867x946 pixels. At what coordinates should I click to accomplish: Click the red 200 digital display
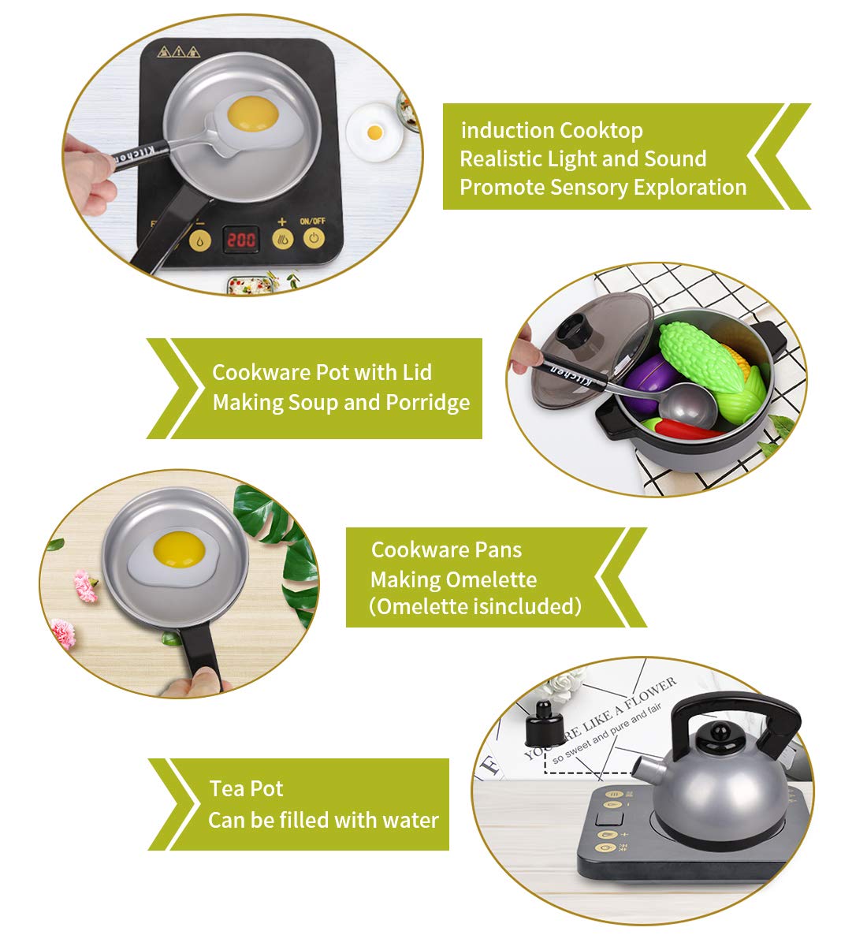coord(240,239)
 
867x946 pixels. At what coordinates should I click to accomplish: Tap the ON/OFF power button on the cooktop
coord(314,238)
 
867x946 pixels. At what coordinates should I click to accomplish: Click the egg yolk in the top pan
coord(253,113)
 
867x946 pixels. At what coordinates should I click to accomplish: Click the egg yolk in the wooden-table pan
coord(179,548)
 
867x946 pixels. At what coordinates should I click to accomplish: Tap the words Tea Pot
coord(246,788)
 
